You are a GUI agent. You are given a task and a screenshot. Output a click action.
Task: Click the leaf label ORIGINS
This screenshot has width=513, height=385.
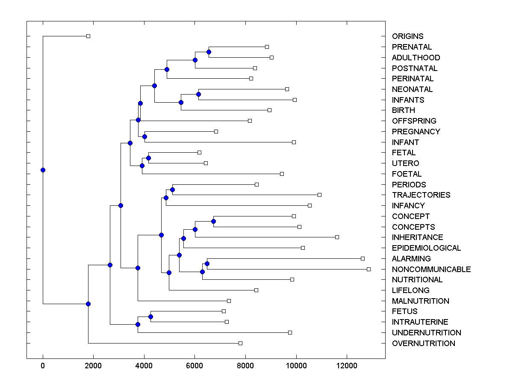407,36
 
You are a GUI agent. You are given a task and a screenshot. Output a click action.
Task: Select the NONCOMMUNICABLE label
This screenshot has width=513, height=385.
431,269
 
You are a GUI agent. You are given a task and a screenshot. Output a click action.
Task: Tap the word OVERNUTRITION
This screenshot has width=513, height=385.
423,344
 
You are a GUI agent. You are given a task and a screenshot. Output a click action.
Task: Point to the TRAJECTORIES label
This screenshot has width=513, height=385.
421,195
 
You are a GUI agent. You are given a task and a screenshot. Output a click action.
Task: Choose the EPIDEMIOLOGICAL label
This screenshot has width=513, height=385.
426,248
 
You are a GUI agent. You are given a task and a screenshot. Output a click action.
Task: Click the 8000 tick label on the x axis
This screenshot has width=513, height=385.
245,365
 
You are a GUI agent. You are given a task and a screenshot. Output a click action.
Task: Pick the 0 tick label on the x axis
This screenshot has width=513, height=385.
43,365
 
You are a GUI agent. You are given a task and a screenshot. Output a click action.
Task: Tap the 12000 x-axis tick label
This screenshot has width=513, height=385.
346,365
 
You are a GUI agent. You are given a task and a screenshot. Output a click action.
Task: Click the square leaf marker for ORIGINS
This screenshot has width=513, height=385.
88,36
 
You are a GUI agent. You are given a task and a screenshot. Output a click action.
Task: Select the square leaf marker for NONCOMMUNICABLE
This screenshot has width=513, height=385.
369,269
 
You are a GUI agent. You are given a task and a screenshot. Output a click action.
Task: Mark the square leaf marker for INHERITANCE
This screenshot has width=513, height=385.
337,237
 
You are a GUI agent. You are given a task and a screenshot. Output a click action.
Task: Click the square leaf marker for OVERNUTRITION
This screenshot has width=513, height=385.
240,343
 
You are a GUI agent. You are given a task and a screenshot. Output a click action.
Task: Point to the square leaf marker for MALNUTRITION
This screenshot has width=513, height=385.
229,301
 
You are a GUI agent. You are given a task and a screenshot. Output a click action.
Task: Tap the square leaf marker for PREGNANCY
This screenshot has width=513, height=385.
216,131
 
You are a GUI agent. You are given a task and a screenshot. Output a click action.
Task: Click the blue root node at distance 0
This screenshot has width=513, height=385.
43,170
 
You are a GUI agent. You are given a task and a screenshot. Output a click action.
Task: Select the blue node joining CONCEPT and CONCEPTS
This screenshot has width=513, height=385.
213,221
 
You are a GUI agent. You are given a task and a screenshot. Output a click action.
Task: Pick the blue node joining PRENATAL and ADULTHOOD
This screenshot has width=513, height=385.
209,52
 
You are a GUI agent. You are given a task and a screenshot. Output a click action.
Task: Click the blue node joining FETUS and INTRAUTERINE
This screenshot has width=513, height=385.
150,317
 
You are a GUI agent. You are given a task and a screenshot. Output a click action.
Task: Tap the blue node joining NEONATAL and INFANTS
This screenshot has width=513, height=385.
198,94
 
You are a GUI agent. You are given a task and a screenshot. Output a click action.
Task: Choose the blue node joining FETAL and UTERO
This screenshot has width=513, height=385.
148,158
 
